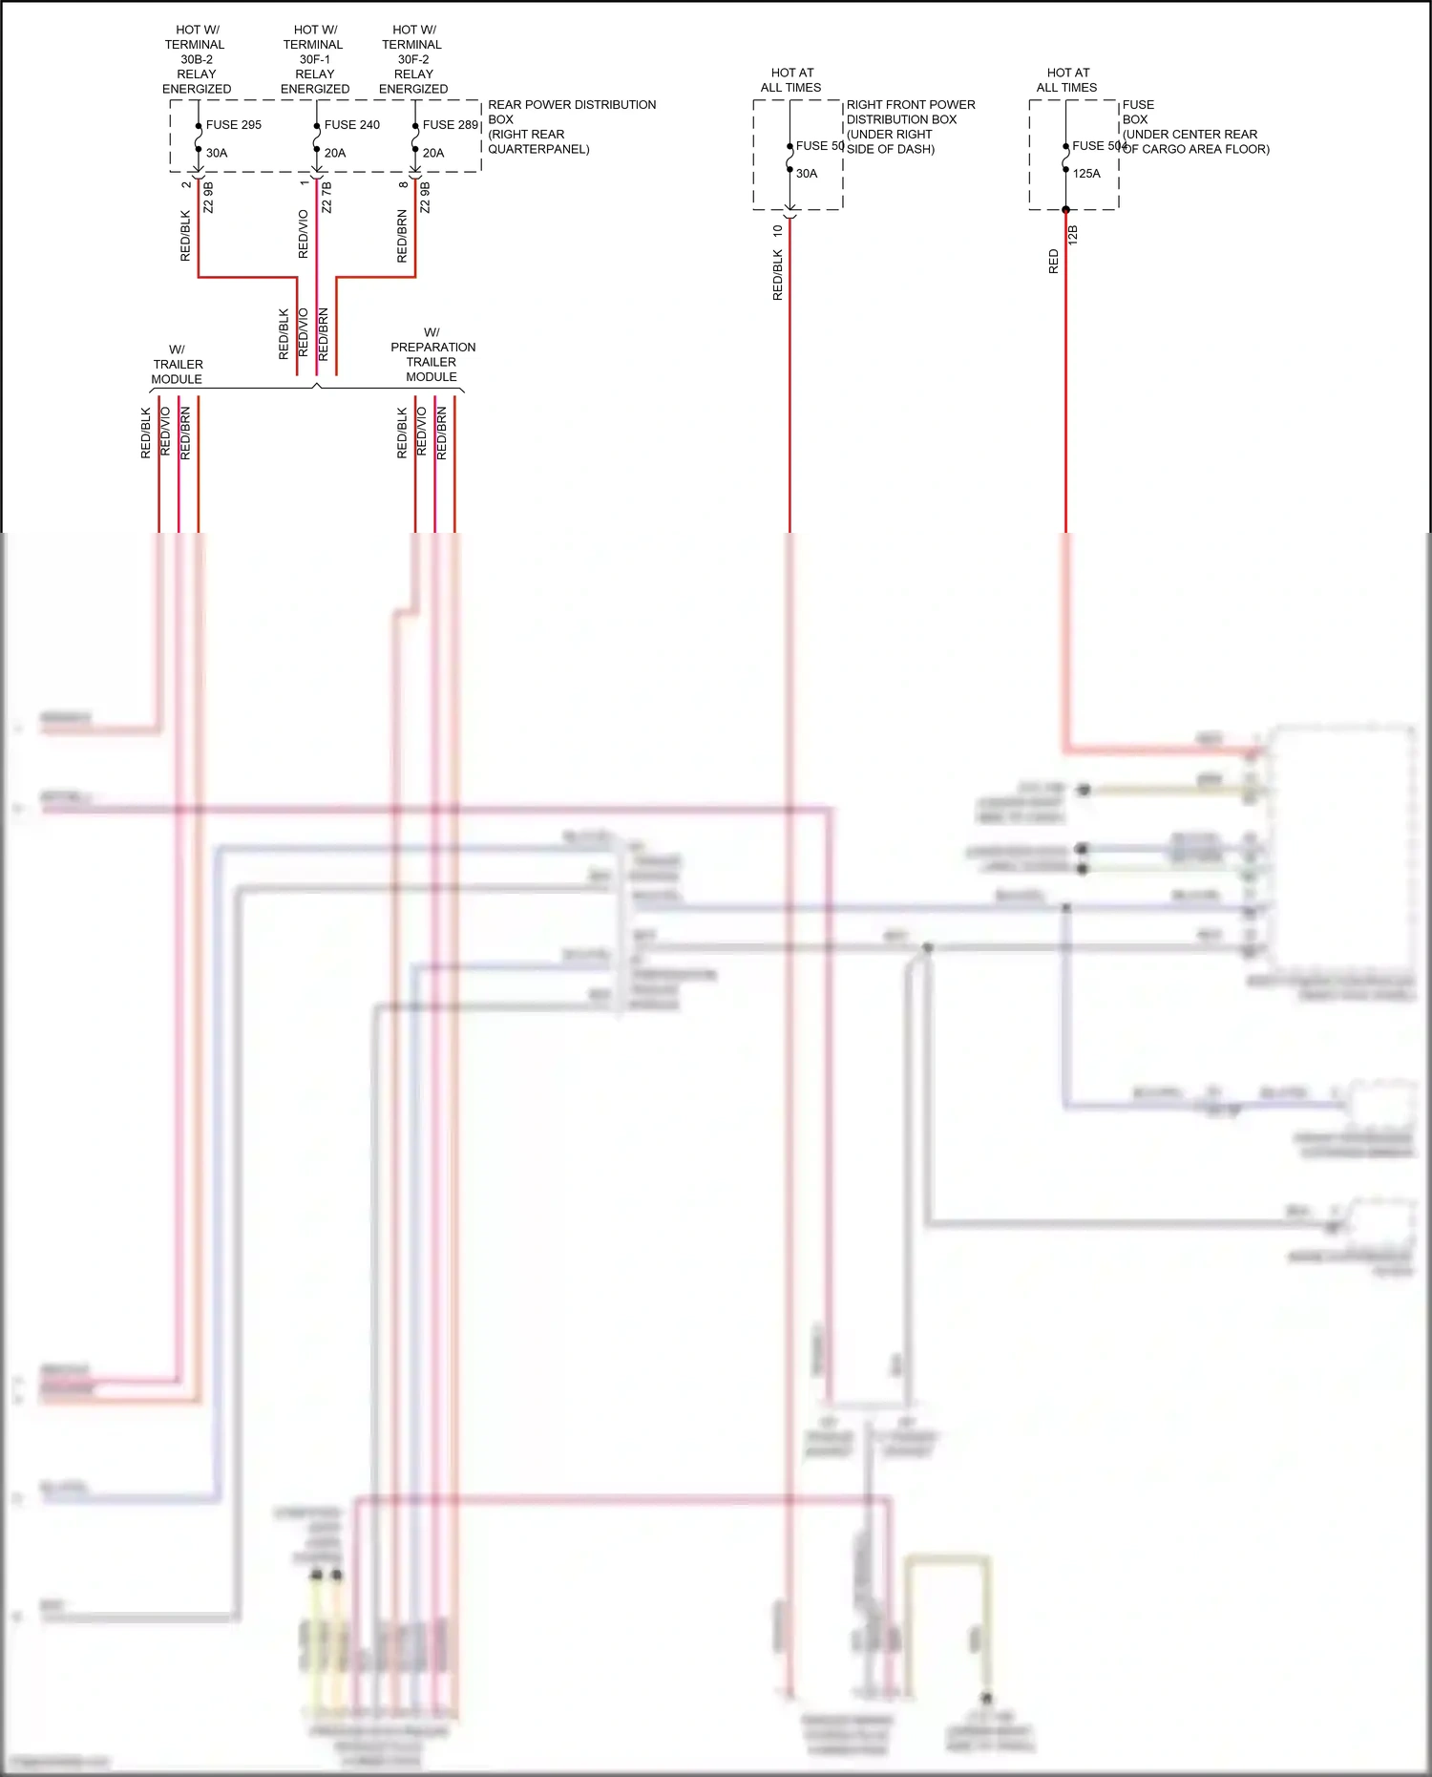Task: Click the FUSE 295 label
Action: (x=233, y=125)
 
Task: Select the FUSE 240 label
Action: (x=351, y=125)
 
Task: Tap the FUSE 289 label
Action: (x=450, y=125)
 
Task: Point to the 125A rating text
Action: (x=1086, y=174)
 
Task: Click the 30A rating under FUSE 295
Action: (x=217, y=153)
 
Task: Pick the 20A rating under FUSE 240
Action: (x=335, y=153)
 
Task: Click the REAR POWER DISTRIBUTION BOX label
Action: (x=571, y=126)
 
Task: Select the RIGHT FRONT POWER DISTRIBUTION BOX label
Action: (x=910, y=126)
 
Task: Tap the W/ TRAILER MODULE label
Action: (x=178, y=364)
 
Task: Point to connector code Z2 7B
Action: (x=326, y=198)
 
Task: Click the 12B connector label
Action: (x=1073, y=235)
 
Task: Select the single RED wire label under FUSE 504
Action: (x=1054, y=262)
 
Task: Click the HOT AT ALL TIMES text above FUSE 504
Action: (x=1067, y=80)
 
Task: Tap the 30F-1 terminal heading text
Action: (x=314, y=59)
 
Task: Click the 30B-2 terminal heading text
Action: (x=196, y=59)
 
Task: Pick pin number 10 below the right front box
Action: (x=778, y=230)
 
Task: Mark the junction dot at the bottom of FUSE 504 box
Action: (x=1065, y=209)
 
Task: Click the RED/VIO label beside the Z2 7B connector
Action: (x=304, y=234)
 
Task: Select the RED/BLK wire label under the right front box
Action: (x=777, y=275)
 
